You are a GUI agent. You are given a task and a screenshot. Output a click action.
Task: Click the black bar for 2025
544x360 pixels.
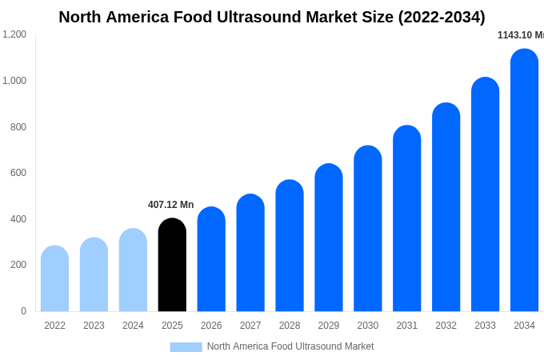coord(172,265)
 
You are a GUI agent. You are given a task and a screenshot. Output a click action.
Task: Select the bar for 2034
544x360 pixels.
coord(524,180)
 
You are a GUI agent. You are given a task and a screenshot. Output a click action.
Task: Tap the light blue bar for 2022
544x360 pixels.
coord(54,278)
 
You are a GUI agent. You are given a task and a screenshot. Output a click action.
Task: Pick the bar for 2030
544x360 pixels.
coord(368,229)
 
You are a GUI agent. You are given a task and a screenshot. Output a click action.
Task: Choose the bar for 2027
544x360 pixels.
coord(250,253)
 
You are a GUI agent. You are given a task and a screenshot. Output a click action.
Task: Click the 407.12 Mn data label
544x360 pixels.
coord(170,205)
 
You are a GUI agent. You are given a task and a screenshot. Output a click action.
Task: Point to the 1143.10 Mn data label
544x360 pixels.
coord(521,35)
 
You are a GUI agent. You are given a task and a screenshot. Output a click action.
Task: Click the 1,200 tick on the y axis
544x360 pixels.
coord(14,34)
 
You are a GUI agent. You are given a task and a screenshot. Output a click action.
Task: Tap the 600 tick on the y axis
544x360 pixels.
coord(18,173)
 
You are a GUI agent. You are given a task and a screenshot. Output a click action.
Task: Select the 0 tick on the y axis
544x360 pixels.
coord(23,311)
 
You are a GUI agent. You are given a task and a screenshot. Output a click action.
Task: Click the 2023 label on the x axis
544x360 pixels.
coord(94,326)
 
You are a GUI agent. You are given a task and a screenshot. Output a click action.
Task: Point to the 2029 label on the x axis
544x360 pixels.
coord(329,326)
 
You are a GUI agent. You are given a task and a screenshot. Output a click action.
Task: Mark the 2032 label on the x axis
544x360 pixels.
coord(446,326)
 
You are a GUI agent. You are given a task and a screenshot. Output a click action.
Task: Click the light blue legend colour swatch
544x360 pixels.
coord(186,347)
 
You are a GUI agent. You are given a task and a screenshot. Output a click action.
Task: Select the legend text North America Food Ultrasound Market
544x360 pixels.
coord(290,346)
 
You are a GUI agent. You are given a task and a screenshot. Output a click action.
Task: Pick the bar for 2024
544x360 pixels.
coord(133,270)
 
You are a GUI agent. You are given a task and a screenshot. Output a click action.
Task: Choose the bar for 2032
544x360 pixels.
coord(446,207)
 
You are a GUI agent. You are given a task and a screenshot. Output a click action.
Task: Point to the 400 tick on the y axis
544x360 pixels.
coord(18,219)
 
